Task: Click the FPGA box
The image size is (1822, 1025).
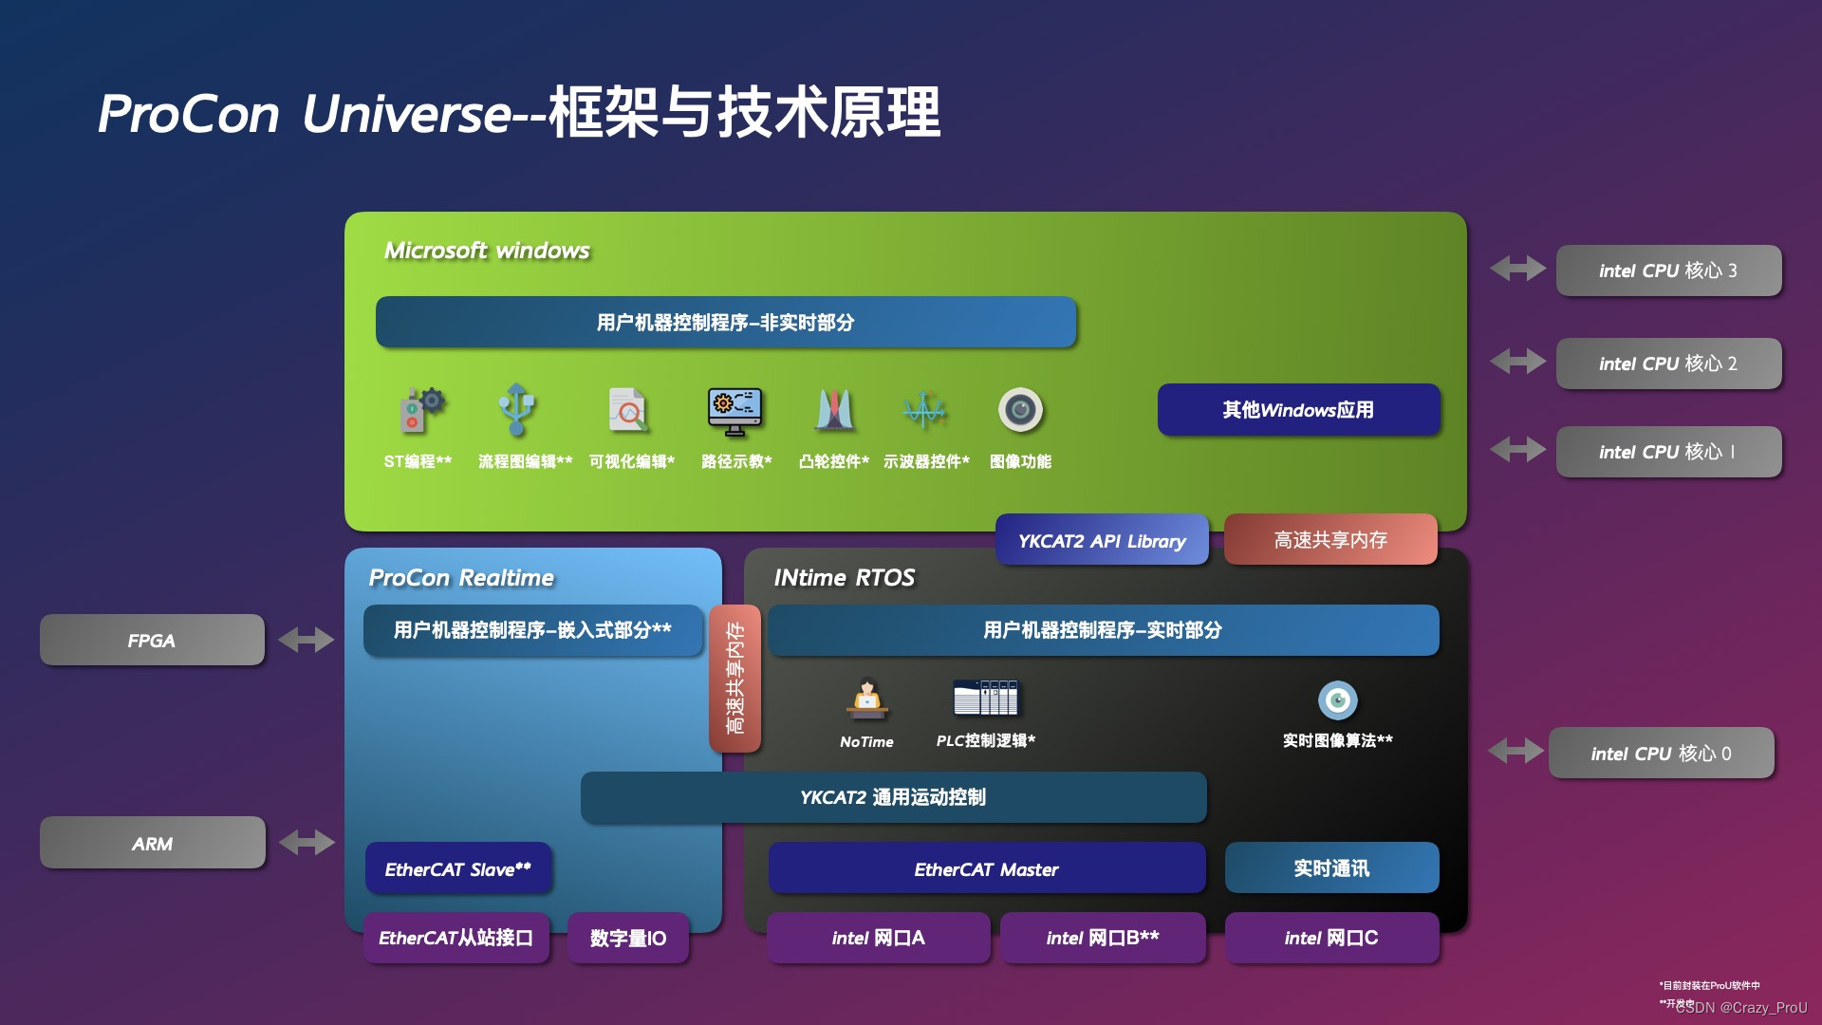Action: tap(152, 641)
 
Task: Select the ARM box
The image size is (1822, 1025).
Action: tap(152, 843)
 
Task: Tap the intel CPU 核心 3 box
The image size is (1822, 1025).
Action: tap(1668, 270)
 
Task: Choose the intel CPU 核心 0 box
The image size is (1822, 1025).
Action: tap(1661, 754)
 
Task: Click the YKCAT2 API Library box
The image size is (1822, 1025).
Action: tap(1102, 541)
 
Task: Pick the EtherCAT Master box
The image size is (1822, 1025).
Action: tap(986, 868)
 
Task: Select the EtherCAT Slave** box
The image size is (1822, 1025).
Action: tap(457, 868)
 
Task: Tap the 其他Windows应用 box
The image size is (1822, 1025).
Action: tap(1298, 410)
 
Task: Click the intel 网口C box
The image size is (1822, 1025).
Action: tap(1331, 938)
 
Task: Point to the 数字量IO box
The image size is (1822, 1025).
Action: tap(628, 938)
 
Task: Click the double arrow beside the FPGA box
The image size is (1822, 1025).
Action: tap(306, 640)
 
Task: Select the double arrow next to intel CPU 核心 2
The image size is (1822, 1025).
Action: tap(1517, 362)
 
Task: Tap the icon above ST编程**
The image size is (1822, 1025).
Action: tap(420, 410)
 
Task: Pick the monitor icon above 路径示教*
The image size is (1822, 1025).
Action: tap(734, 411)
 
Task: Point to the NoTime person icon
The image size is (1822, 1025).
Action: tap(866, 699)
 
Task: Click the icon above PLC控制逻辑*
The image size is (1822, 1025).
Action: tap(985, 698)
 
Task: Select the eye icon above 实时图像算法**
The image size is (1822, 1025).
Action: tap(1338, 700)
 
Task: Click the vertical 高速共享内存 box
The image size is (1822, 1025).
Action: tap(734, 678)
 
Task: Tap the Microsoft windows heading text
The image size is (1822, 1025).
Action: tap(487, 251)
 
